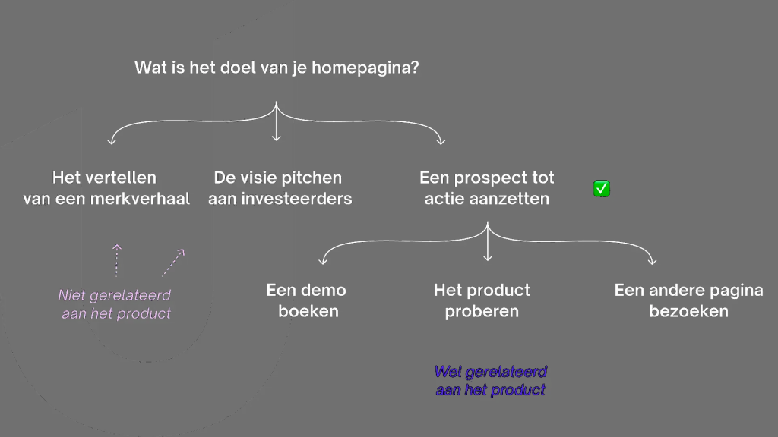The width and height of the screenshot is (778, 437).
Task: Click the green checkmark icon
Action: click(602, 189)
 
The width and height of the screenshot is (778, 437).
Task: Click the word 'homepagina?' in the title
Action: click(365, 68)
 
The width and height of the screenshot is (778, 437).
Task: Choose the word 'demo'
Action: click(326, 290)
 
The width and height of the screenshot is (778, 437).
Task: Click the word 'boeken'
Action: click(308, 311)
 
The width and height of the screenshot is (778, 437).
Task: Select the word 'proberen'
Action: click(481, 312)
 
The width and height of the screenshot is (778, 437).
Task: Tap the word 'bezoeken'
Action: click(688, 311)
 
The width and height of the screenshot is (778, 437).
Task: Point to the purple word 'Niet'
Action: click(72, 295)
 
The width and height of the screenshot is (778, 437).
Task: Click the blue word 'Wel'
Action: click(448, 372)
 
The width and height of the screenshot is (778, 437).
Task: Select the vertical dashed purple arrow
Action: click(116, 260)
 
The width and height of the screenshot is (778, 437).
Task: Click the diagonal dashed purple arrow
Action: click(173, 263)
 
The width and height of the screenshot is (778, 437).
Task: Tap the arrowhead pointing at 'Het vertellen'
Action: click(112, 141)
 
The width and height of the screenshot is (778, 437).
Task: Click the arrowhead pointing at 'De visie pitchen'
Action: click(277, 138)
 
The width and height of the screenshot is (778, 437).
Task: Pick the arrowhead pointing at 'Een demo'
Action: click(322, 261)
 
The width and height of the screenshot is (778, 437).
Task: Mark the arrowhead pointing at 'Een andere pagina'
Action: click(652, 261)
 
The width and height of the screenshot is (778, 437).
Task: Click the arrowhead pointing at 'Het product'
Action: click(488, 258)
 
